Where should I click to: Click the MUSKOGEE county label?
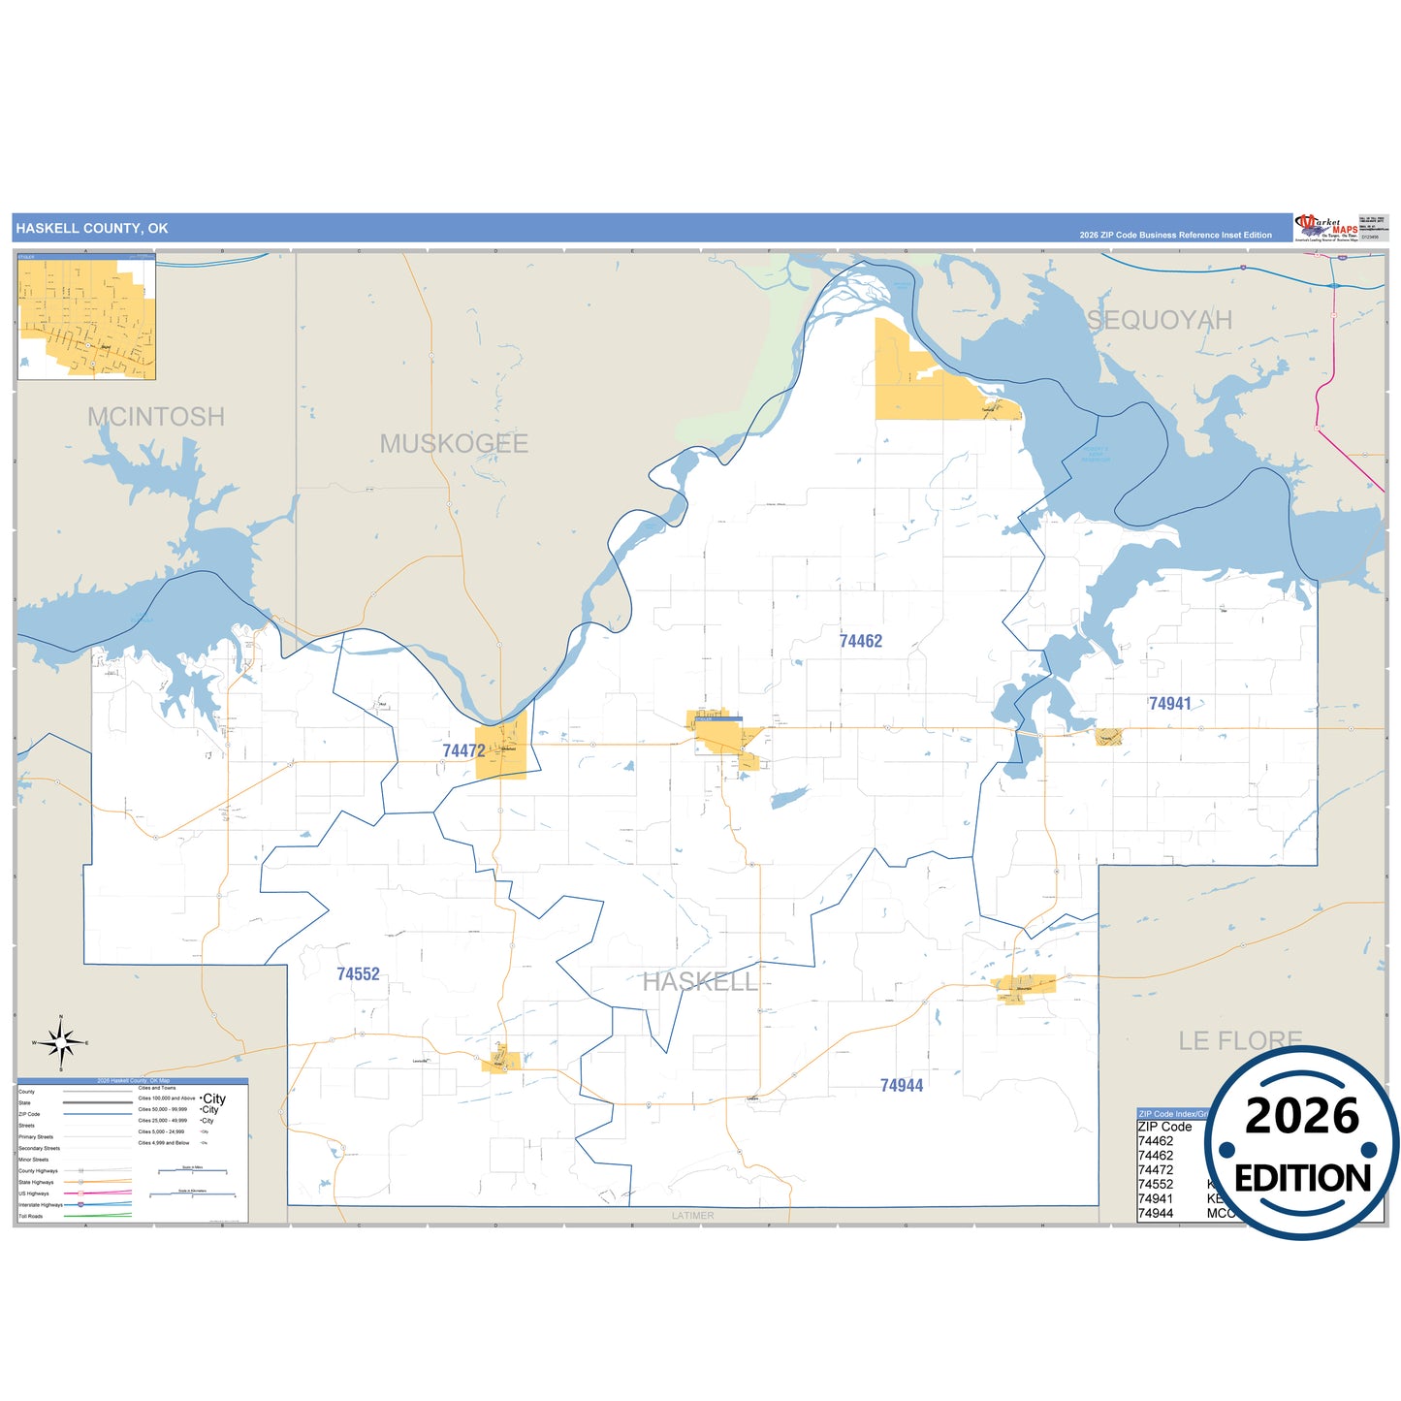(x=454, y=444)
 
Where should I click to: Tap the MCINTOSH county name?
(x=156, y=417)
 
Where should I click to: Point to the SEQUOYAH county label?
(x=1159, y=320)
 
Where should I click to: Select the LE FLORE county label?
(x=1239, y=1040)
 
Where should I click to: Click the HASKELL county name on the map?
(x=699, y=982)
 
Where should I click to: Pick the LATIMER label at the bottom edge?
(x=692, y=1215)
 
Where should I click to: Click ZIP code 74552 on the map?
(x=358, y=974)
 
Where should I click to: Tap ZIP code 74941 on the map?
(x=1169, y=704)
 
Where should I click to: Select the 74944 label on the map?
(x=901, y=1086)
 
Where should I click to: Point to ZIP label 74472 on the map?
(x=463, y=750)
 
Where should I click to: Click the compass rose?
(x=61, y=1042)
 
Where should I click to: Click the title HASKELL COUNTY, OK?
(x=92, y=229)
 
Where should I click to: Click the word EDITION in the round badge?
(x=1302, y=1178)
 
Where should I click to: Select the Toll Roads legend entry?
(x=31, y=1216)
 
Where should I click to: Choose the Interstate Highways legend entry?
(x=41, y=1204)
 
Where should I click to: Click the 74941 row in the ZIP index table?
(x=1156, y=1198)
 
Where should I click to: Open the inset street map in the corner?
(x=86, y=317)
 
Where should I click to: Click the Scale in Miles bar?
(x=191, y=1171)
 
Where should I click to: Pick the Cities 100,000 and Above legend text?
(x=166, y=1099)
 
